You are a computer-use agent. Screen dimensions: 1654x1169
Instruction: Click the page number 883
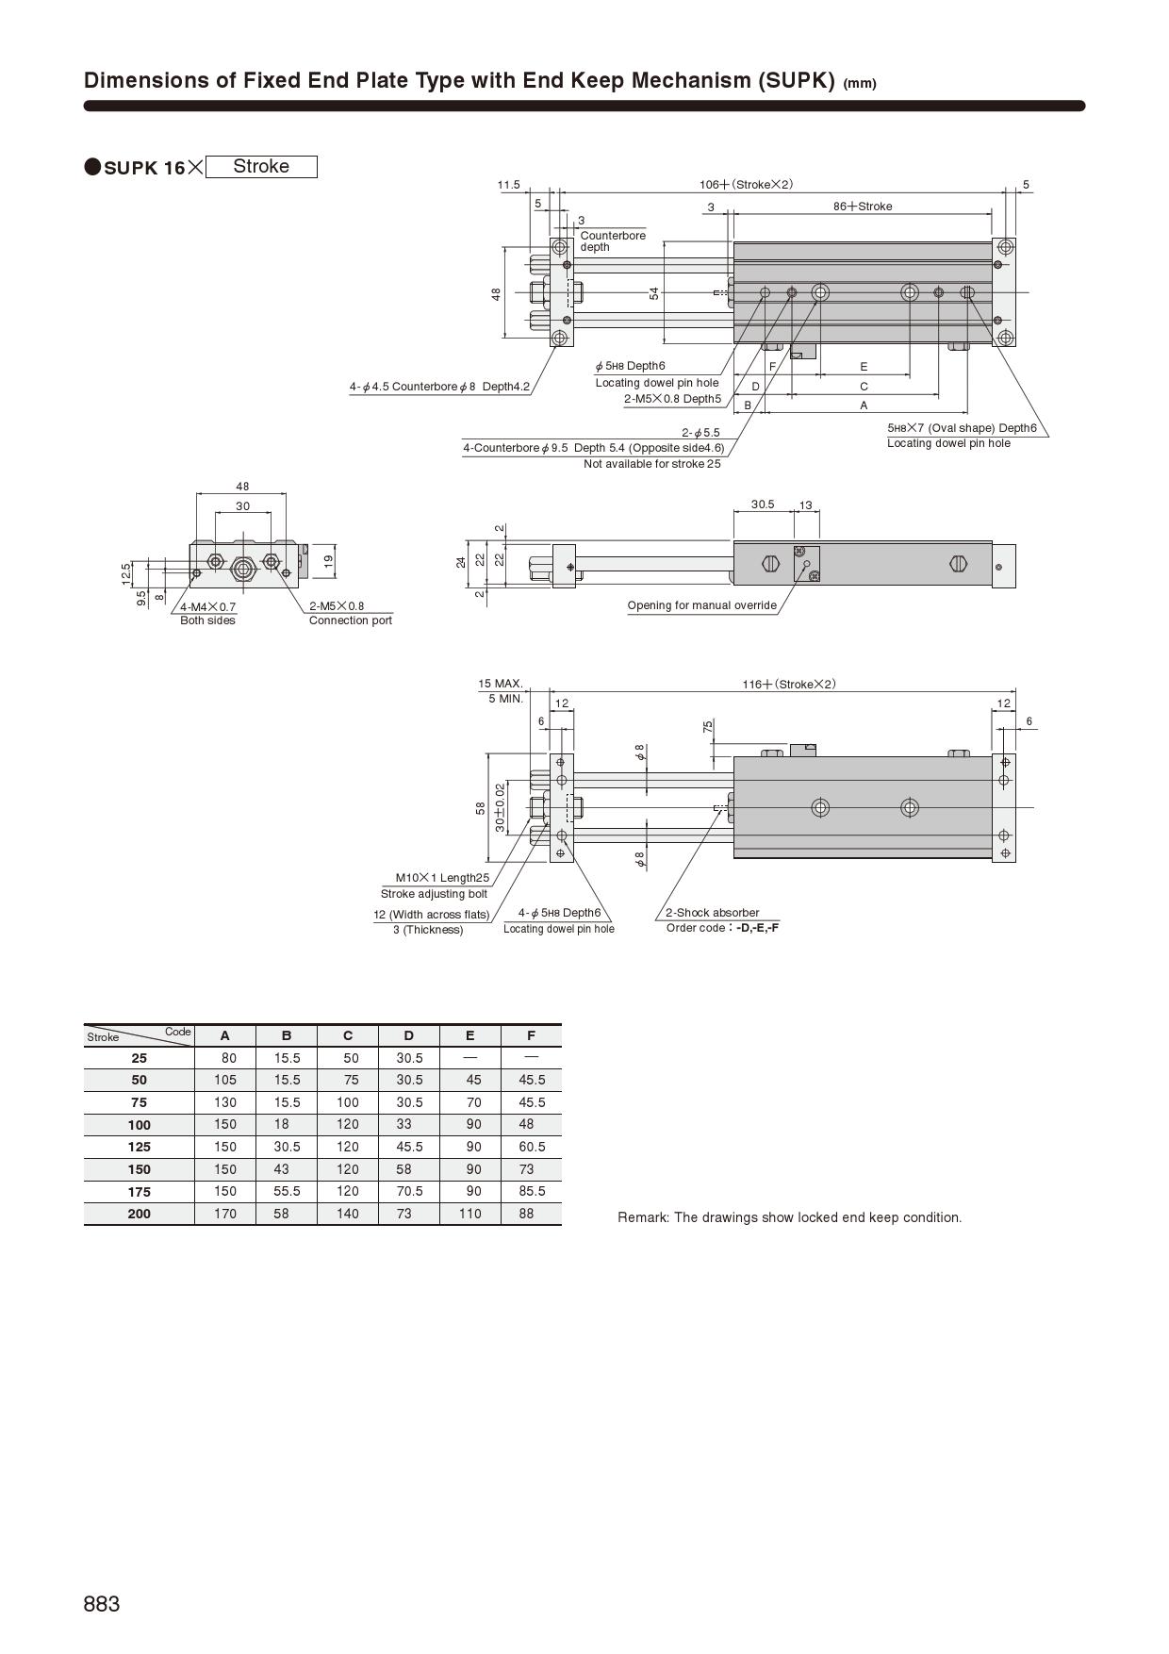pyautogui.click(x=102, y=1604)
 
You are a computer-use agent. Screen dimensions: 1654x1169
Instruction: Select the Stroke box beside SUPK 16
pyautogui.click(x=261, y=167)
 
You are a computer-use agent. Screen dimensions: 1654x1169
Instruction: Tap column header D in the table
pyautogui.click(x=408, y=1035)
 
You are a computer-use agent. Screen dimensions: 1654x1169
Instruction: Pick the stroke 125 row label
pyautogui.click(x=139, y=1147)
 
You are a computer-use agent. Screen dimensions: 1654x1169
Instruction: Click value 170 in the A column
pyautogui.click(x=225, y=1214)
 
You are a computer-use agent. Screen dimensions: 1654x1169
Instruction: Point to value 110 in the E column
pyautogui.click(x=469, y=1214)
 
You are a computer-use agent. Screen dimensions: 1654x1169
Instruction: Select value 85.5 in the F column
pyautogui.click(x=532, y=1191)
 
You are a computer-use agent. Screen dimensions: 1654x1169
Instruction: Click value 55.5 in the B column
pyautogui.click(x=287, y=1191)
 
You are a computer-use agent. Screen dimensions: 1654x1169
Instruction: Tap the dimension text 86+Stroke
pyautogui.click(x=862, y=207)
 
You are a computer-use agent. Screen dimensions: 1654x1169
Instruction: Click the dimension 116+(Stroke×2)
pyautogui.click(x=788, y=684)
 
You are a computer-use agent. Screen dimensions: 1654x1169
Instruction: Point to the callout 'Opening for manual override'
pyautogui.click(x=701, y=605)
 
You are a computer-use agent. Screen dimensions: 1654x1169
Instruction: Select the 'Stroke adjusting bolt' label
pyautogui.click(x=434, y=894)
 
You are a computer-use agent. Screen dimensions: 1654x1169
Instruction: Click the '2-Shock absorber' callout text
pyautogui.click(x=712, y=913)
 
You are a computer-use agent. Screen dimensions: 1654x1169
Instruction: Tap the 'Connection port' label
pyautogui.click(x=350, y=620)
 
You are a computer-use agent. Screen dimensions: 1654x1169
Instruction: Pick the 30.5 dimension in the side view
pyautogui.click(x=762, y=504)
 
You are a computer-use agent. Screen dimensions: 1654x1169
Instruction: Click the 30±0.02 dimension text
pyautogui.click(x=500, y=806)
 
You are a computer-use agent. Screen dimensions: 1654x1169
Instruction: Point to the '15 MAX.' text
pyautogui.click(x=500, y=684)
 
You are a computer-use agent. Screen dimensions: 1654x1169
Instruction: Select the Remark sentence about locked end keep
pyautogui.click(x=789, y=1217)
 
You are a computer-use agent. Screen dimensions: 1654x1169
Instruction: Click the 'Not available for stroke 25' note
pyautogui.click(x=651, y=464)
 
